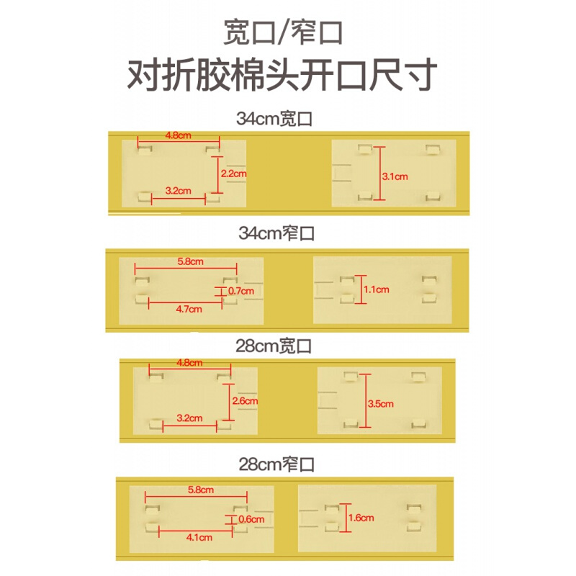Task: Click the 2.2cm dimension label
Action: point(233,174)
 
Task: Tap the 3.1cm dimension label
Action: point(395,176)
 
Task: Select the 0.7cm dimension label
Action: point(241,291)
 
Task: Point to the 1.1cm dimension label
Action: point(376,289)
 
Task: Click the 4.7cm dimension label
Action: point(189,310)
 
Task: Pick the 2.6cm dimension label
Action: point(245,401)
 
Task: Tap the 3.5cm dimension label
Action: point(381,404)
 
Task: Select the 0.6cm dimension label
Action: point(251,519)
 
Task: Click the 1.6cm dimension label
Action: point(361,518)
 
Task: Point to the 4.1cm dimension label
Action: point(199,537)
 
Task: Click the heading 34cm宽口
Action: point(274,119)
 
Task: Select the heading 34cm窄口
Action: point(276,233)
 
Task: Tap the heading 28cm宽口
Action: point(274,346)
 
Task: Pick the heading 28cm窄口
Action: point(276,464)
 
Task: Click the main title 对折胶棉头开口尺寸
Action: point(282,75)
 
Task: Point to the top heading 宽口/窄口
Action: point(283,32)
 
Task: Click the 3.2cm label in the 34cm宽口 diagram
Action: point(178,191)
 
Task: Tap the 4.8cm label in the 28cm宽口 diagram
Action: point(189,363)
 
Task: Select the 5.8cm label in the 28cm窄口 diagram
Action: point(201,490)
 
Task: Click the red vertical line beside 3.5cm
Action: point(365,401)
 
